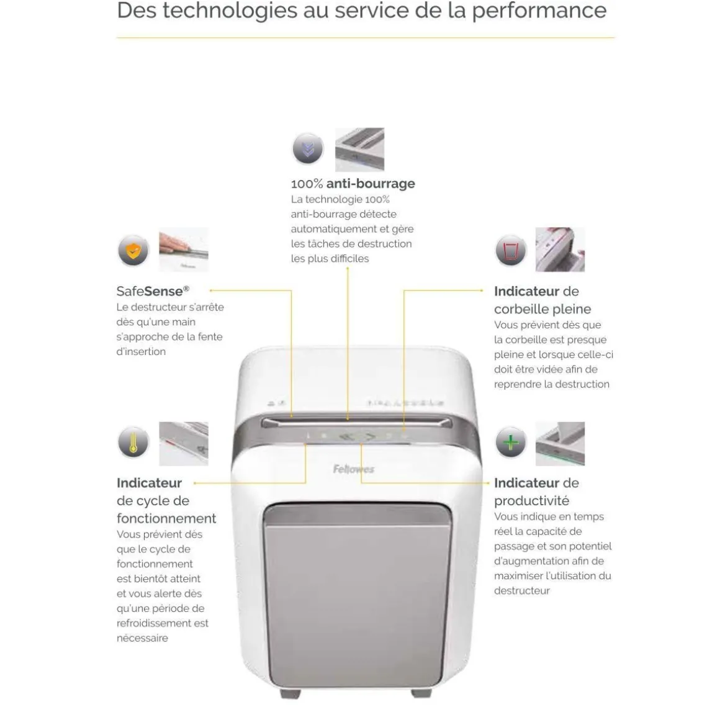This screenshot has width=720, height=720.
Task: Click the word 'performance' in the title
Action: click(539, 11)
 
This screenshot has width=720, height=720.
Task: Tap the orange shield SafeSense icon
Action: click(133, 251)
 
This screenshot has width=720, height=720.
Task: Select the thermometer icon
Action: click(133, 442)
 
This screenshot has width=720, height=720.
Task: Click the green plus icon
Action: click(511, 442)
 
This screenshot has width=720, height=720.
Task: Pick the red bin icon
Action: click(511, 251)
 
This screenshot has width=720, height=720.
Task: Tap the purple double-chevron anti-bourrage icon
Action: click(308, 149)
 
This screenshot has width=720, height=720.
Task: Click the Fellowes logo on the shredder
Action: click(354, 469)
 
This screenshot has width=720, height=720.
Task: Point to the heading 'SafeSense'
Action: click(153, 291)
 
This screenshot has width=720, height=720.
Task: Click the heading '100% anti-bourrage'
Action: click(353, 184)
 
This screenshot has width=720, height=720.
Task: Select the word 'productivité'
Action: click(532, 501)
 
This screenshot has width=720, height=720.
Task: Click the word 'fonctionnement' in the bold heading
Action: click(166, 518)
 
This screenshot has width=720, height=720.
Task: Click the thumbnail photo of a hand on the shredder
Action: click(184, 250)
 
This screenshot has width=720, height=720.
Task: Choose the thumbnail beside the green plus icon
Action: click(560, 444)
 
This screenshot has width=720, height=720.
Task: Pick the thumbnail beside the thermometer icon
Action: click(184, 444)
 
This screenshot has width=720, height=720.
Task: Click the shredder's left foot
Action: click(290, 693)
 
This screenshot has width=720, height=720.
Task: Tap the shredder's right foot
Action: click(421, 693)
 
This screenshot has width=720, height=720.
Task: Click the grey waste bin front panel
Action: click(358, 595)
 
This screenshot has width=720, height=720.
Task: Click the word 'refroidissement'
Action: click(162, 623)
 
